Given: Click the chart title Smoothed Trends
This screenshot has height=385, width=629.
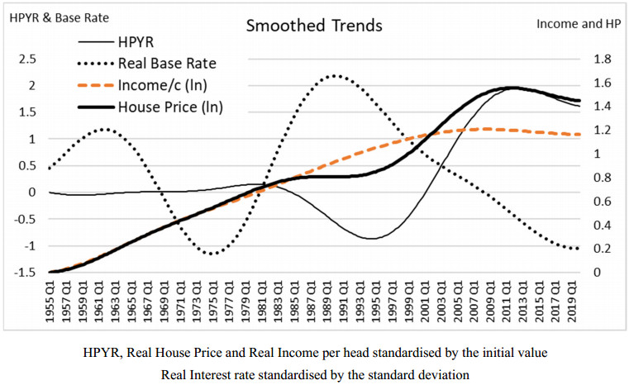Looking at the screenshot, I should pyautogui.click(x=314, y=26).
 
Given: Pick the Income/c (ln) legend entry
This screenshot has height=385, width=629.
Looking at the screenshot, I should pyautogui.click(x=161, y=85).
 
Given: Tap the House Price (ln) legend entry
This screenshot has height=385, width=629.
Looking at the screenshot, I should pyautogui.click(x=170, y=107).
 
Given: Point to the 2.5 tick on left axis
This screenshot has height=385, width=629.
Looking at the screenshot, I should pyautogui.click(x=27, y=59).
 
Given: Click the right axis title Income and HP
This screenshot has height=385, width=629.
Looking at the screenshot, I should pyautogui.click(x=578, y=23).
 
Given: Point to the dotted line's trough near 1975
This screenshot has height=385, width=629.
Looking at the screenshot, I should pyautogui.click(x=212, y=254).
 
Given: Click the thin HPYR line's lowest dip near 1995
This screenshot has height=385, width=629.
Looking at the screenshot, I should pyautogui.click(x=372, y=239).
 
